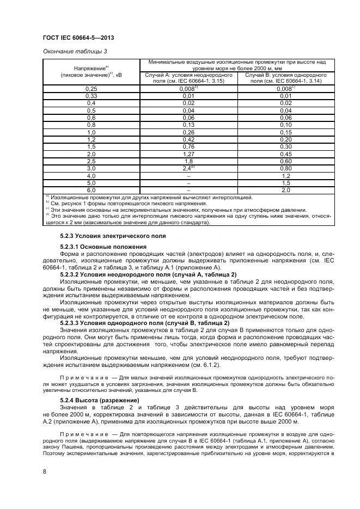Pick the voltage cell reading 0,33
[91, 95]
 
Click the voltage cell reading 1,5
[91, 146]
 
